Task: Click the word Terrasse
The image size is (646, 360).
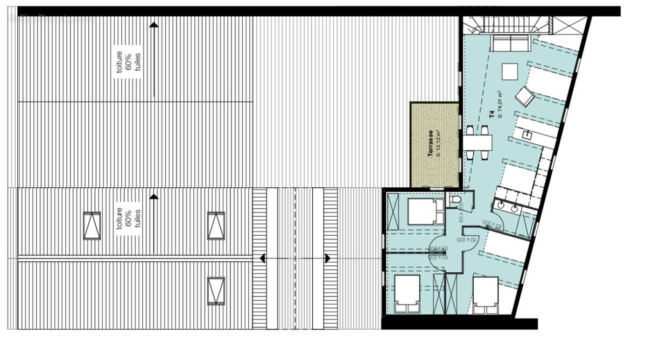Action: click(x=431, y=144)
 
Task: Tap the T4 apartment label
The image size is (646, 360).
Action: click(x=491, y=114)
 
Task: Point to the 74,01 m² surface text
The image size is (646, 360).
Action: click(x=500, y=104)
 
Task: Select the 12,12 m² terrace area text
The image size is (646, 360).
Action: click(x=439, y=143)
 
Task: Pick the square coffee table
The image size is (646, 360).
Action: click(x=509, y=71)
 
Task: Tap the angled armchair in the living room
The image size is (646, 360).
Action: click(x=524, y=97)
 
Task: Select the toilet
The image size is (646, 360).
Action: click(x=457, y=201)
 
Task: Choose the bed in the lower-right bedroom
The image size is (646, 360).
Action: click(x=486, y=294)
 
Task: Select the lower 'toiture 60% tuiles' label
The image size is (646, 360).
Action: click(x=128, y=219)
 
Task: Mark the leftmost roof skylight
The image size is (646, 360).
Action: click(x=92, y=225)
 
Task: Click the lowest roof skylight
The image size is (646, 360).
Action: click(x=216, y=291)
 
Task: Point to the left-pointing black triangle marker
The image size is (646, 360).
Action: click(x=263, y=259)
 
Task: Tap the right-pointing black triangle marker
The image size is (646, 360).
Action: click(x=327, y=259)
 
